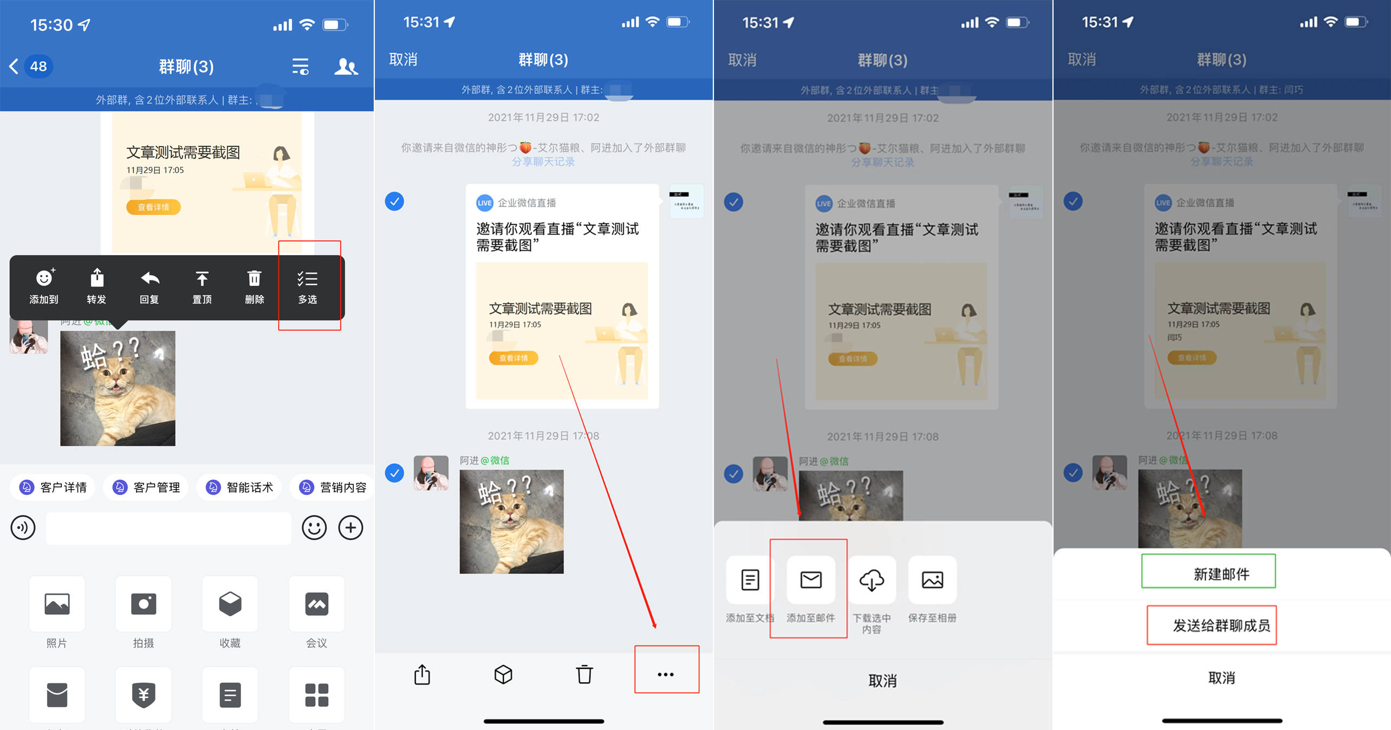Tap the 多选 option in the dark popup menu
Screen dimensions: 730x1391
click(x=308, y=286)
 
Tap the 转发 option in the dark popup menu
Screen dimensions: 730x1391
click(x=96, y=286)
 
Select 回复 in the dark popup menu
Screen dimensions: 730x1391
click(x=149, y=286)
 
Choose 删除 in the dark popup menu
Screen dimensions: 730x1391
click(x=255, y=286)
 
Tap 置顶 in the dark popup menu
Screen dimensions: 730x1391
click(x=202, y=286)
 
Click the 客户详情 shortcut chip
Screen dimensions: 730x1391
click(x=53, y=487)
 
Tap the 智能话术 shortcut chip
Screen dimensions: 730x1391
click(x=239, y=487)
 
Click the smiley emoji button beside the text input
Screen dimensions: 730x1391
click(x=314, y=527)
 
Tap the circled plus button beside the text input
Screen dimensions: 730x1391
click(x=351, y=527)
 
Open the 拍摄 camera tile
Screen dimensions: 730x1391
click(x=144, y=604)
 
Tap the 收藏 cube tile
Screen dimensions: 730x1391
click(x=230, y=604)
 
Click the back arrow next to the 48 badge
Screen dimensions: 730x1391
click(x=14, y=67)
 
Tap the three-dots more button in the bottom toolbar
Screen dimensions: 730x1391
click(x=666, y=674)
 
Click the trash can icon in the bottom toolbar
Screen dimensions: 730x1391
click(x=584, y=674)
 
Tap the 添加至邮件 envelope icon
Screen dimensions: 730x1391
click(x=811, y=580)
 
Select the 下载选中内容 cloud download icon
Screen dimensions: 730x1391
click(x=872, y=580)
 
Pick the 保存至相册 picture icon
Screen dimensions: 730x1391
click(x=932, y=580)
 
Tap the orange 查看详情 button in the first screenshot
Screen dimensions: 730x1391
click(x=153, y=207)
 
